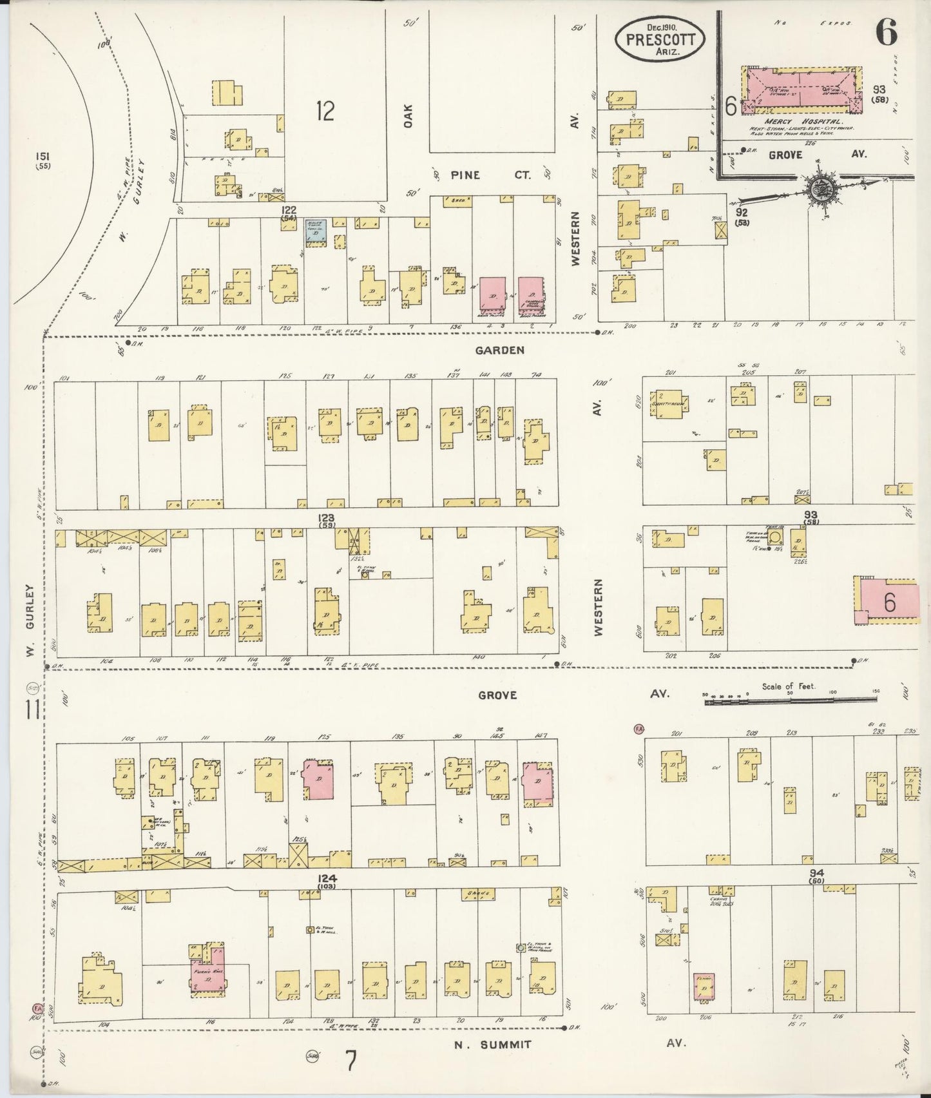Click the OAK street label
pos(407,116)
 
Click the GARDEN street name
pos(500,351)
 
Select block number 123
pos(327,517)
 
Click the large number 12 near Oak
pos(325,111)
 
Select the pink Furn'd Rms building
pos(208,973)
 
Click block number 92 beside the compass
pos(742,211)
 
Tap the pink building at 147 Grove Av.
pos(537,781)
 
